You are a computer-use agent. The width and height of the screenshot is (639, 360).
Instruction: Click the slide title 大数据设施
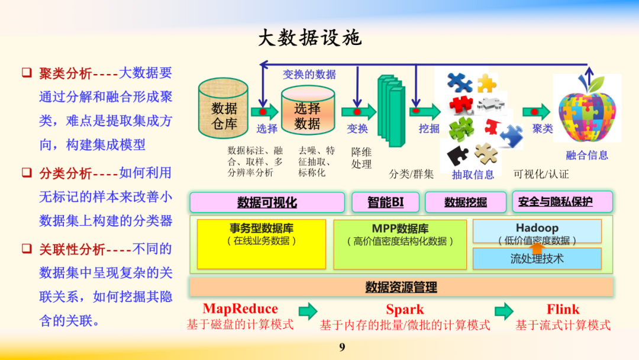[x=309, y=38]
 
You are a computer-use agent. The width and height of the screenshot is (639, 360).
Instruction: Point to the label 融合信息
[x=587, y=156]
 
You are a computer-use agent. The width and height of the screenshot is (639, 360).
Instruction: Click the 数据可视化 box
[x=267, y=202]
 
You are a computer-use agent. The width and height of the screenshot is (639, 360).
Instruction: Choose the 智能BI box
[x=386, y=202]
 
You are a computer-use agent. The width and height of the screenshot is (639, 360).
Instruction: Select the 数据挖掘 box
[x=466, y=202]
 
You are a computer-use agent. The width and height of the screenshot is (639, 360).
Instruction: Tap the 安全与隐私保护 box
[x=562, y=202]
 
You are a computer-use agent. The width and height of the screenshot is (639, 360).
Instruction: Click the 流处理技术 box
[x=537, y=259]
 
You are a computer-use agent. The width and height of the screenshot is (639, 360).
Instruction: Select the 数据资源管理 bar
[x=401, y=287]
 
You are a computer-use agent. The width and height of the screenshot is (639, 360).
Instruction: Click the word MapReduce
[x=240, y=309]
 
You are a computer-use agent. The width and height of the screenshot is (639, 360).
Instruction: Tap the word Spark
[x=405, y=309]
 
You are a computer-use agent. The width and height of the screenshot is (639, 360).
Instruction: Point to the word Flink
[x=563, y=309]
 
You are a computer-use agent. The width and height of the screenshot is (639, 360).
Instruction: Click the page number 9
[x=342, y=348]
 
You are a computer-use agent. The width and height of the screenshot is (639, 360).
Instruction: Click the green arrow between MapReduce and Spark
[x=308, y=311]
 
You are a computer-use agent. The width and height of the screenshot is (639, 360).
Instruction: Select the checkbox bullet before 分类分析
[x=27, y=173]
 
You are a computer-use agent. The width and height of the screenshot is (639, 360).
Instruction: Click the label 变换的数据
[x=309, y=75]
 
